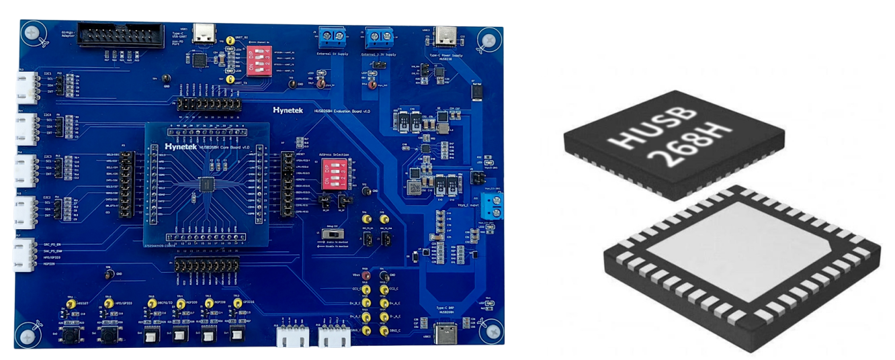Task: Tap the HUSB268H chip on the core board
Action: coord(207,183)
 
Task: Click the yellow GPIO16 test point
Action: coord(237,304)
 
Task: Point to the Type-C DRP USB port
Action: coord(445,332)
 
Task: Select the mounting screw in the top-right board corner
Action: coord(484,40)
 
